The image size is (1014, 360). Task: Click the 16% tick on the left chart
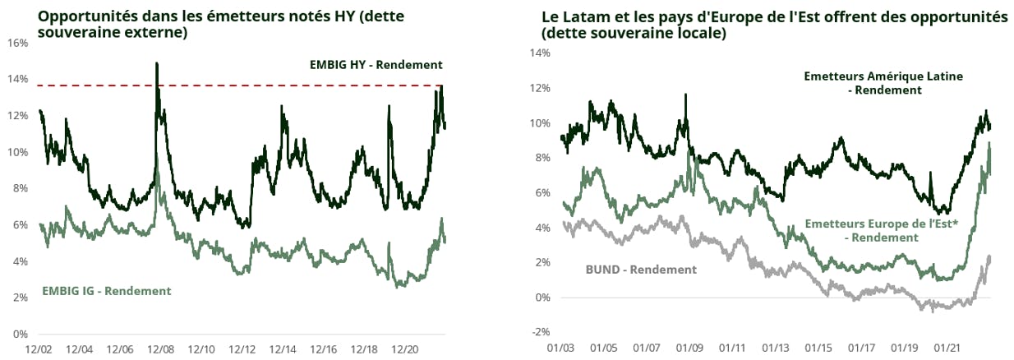click(x=18, y=43)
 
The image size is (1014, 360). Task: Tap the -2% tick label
click(x=539, y=332)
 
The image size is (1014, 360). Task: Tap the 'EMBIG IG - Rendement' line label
click(x=107, y=290)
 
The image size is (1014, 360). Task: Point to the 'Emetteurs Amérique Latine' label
click(x=883, y=76)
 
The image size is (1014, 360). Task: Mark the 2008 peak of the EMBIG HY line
click(x=156, y=64)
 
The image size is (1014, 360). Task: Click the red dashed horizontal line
click(x=247, y=85)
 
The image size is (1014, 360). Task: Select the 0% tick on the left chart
click(x=21, y=334)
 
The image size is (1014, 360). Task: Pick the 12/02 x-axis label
click(x=39, y=348)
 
